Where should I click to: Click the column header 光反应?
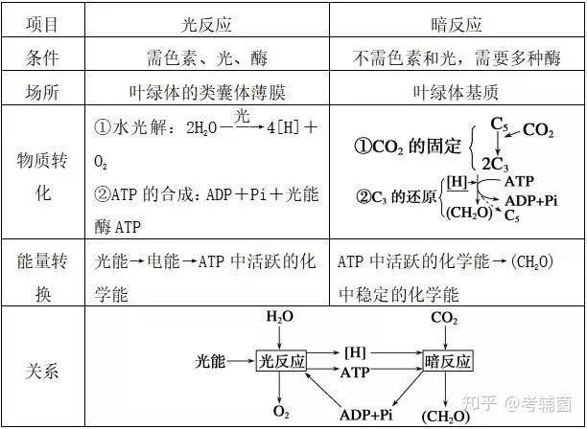(x=206, y=25)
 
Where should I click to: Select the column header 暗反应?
(x=457, y=25)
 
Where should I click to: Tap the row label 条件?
(x=42, y=57)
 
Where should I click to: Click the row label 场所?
(x=42, y=92)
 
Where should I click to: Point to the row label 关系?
(x=42, y=372)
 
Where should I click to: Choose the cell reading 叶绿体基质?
(x=456, y=92)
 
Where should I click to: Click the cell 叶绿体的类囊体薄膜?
(x=207, y=92)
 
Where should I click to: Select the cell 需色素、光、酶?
(x=207, y=57)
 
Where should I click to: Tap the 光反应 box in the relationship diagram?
(x=281, y=361)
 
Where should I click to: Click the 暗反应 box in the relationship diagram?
(x=448, y=361)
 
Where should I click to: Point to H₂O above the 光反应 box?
(x=280, y=317)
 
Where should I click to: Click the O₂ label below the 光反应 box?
(x=281, y=412)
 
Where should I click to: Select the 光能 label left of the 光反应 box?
(x=210, y=361)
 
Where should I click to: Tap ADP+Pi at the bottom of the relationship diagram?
(x=365, y=415)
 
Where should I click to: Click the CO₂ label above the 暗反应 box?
(x=444, y=318)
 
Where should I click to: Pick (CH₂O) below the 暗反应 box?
(x=445, y=416)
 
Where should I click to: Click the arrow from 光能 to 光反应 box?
(x=241, y=361)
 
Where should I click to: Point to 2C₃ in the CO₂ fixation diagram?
(x=495, y=164)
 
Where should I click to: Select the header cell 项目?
(x=42, y=24)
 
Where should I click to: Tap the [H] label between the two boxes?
(x=355, y=352)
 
